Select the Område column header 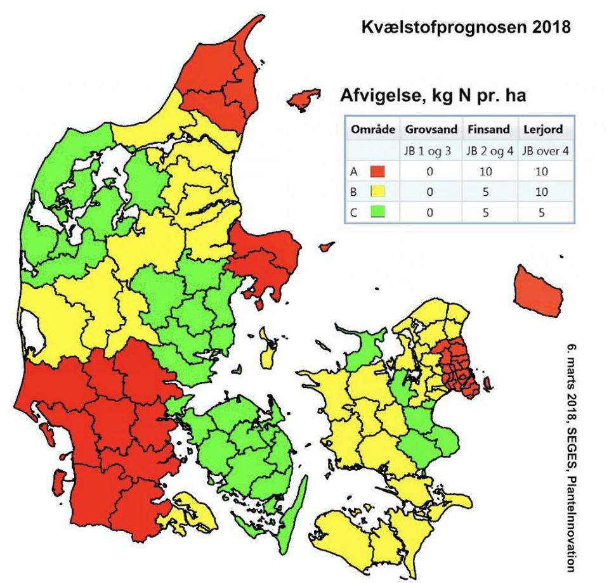coord(372,129)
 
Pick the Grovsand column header coord(431,129)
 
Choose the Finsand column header coord(488,129)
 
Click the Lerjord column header coord(544,129)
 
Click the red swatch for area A coord(378,171)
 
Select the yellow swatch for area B coord(378,191)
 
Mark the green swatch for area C coord(378,212)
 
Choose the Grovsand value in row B coord(431,191)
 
